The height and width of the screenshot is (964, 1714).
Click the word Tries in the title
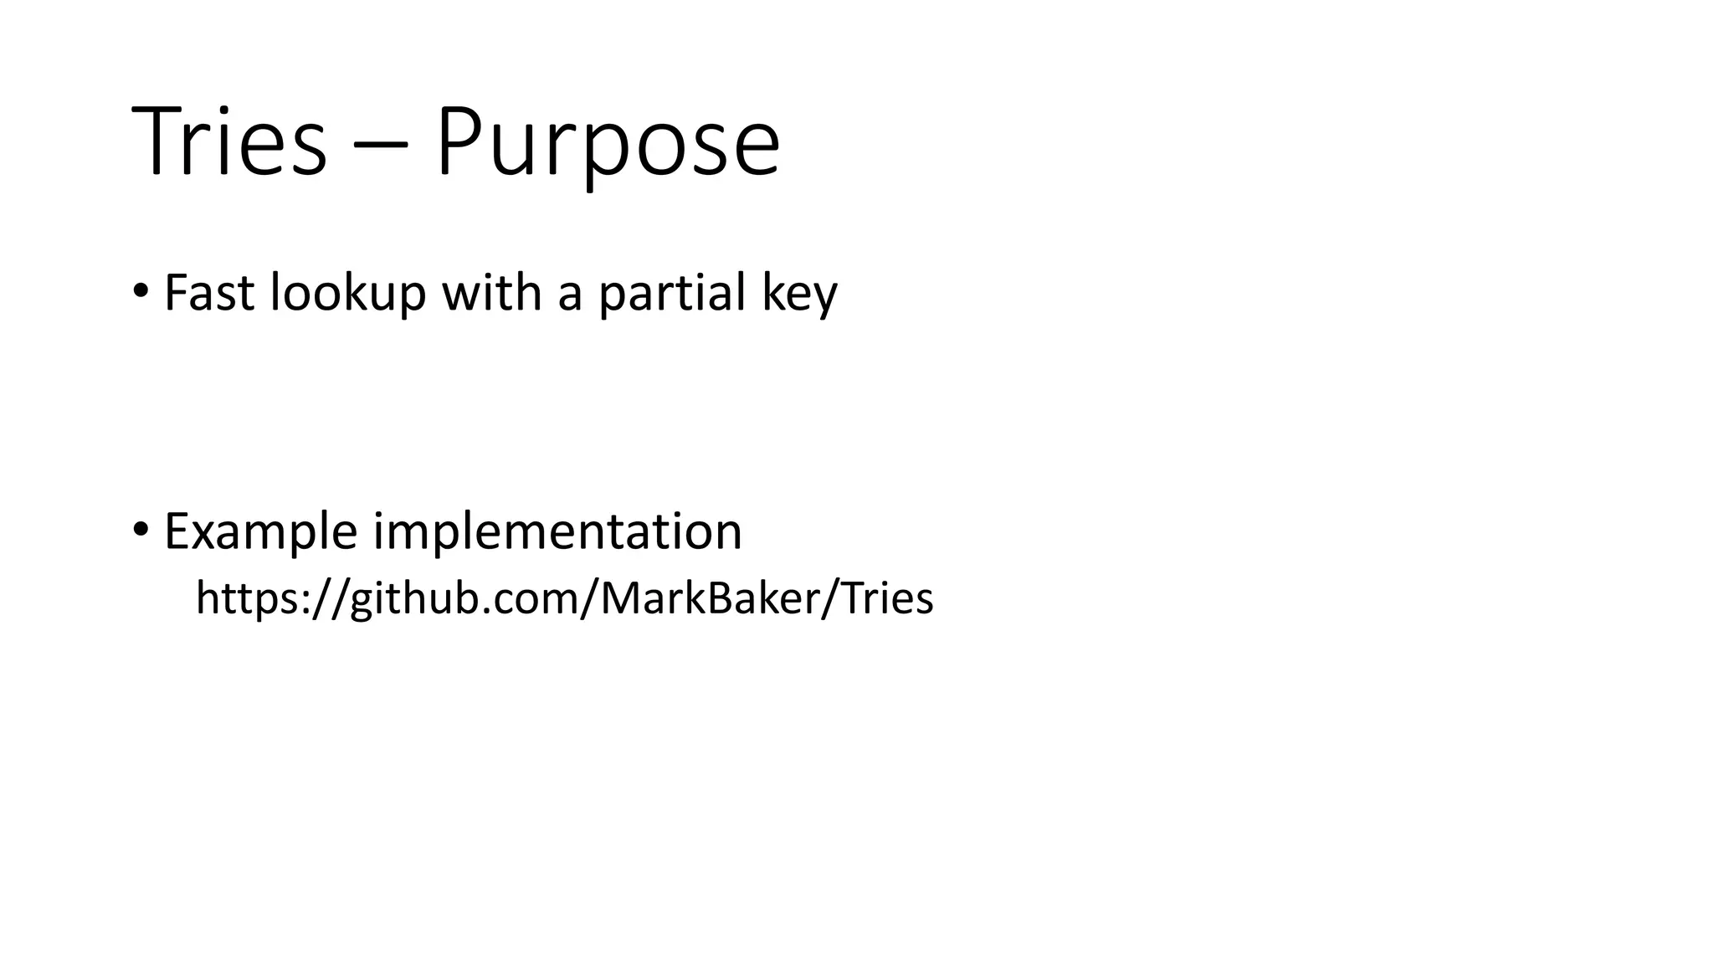[228, 141]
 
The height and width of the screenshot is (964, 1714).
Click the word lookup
[348, 295]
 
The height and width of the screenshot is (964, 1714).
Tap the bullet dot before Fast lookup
[141, 292]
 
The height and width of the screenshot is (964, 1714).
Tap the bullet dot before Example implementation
[141, 530]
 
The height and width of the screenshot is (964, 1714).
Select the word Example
[260, 532]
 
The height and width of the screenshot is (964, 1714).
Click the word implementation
[557, 532]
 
